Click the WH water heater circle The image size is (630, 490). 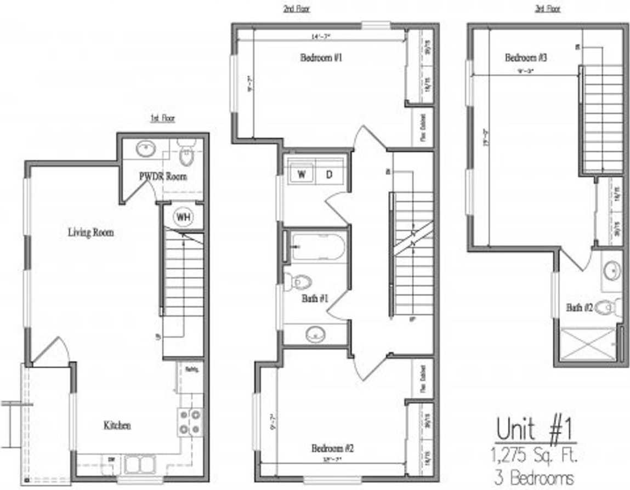[x=183, y=217]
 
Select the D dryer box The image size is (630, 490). [x=330, y=174]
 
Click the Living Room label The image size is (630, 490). [x=91, y=232]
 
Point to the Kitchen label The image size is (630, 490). [x=117, y=425]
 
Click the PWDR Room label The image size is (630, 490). [x=162, y=176]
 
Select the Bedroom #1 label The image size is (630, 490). [x=321, y=58]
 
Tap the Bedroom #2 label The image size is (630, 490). [x=333, y=448]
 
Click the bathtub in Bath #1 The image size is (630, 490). [x=318, y=248]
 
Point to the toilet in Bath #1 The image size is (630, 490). [x=299, y=282]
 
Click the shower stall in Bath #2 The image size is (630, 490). [x=587, y=344]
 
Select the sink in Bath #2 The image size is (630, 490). [x=611, y=270]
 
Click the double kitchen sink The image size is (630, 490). [x=139, y=465]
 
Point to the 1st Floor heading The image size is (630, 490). [x=163, y=118]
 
